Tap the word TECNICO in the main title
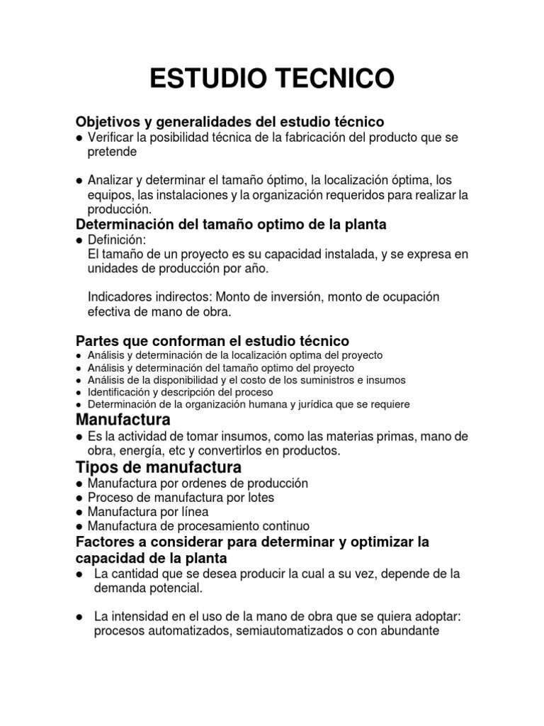click(x=333, y=79)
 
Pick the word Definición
click(x=115, y=240)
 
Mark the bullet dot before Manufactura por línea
click(x=79, y=512)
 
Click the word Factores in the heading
click(x=103, y=542)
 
